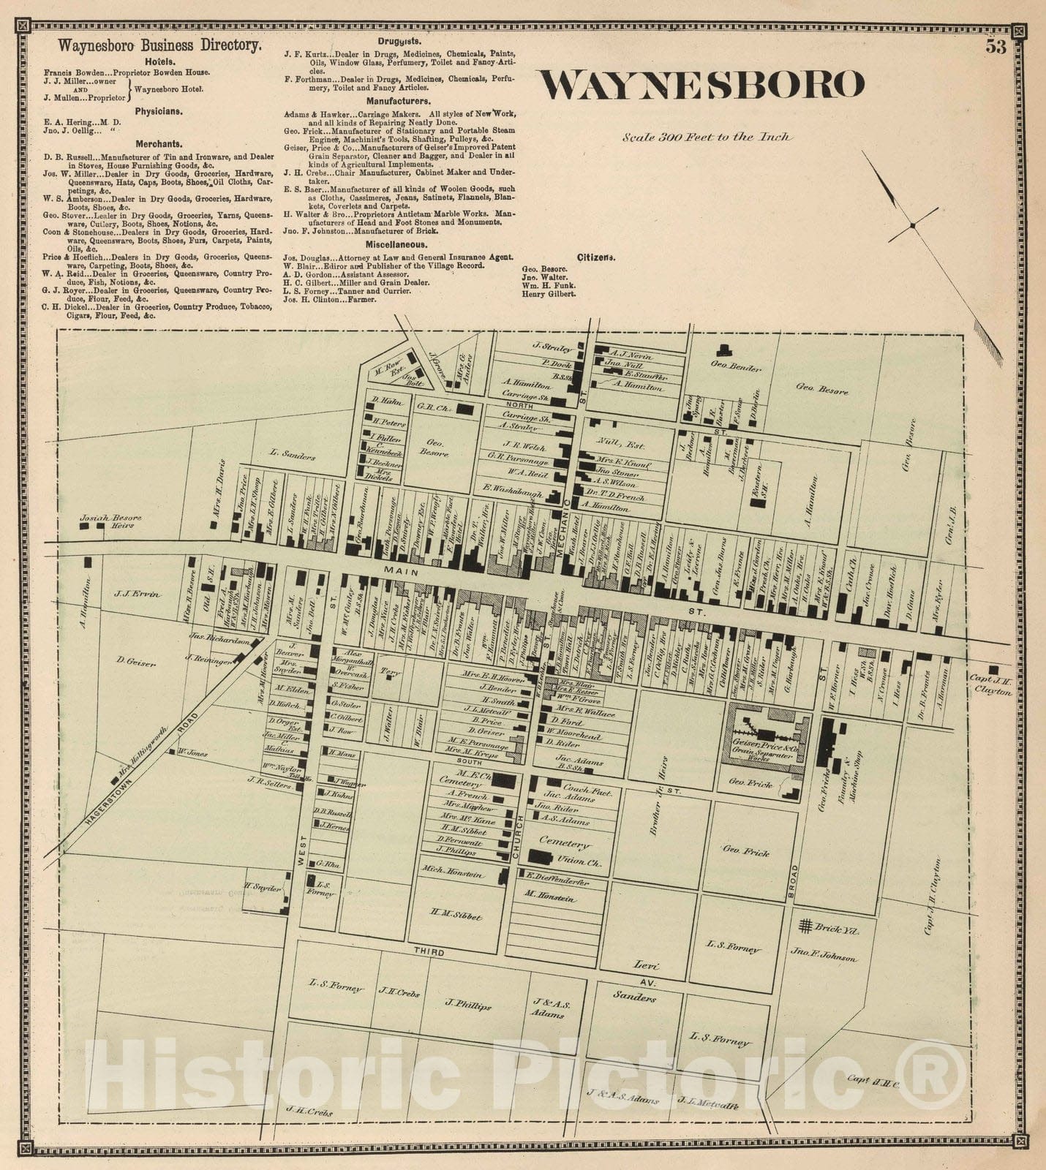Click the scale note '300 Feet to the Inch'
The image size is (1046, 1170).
click(707, 137)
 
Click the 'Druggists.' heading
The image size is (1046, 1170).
click(398, 42)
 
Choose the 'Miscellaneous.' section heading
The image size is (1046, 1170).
click(398, 245)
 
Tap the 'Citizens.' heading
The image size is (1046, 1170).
click(595, 257)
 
